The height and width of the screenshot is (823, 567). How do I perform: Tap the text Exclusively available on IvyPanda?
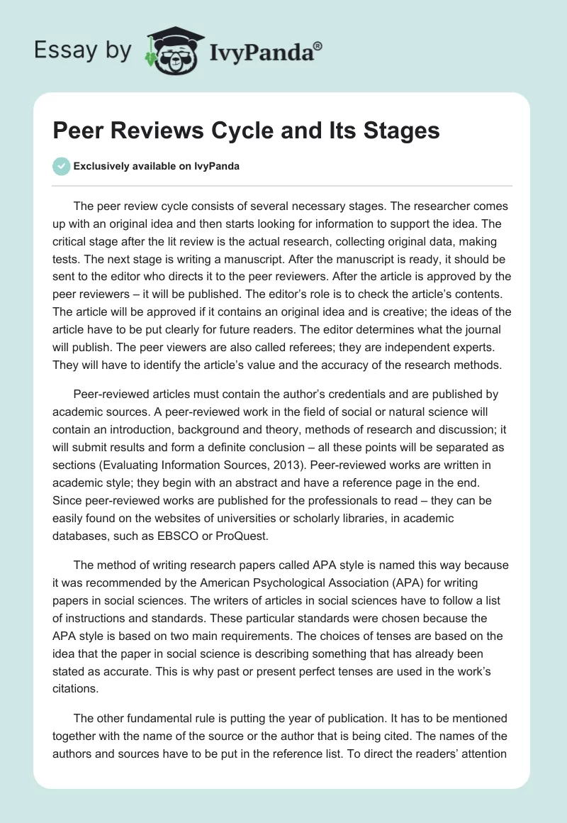[x=157, y=166]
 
